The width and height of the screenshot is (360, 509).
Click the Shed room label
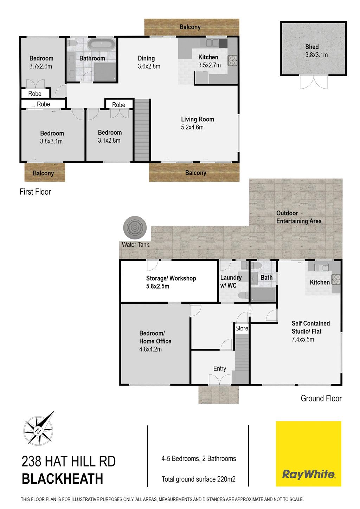click(312, 47)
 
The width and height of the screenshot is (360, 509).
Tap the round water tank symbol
click(135, 227)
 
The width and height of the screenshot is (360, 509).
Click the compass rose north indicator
click(38, 431)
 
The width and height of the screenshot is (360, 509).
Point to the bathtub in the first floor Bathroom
click(101, 44)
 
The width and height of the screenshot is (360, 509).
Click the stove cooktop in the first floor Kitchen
click(232, 60)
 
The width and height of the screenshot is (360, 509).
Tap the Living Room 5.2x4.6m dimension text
click(192, 127)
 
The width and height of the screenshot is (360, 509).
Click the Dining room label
click(146, 58)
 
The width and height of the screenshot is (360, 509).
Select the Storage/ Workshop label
click(171, 278)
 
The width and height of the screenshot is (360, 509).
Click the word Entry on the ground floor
click(219, 368)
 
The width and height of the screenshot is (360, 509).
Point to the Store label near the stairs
click(242, 328)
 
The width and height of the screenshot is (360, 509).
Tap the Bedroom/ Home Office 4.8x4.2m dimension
click(150, 349)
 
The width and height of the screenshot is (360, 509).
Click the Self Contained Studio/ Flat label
click(310, 327)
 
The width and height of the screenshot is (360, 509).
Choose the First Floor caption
click(35, 192)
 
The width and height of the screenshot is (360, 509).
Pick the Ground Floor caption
click(321, 398)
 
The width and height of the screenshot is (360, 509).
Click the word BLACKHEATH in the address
click(62, 479)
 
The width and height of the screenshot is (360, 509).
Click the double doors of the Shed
click(314, 82)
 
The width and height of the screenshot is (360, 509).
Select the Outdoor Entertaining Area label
click(299, 217)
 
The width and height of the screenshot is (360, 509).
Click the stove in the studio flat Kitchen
click(336, 279)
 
